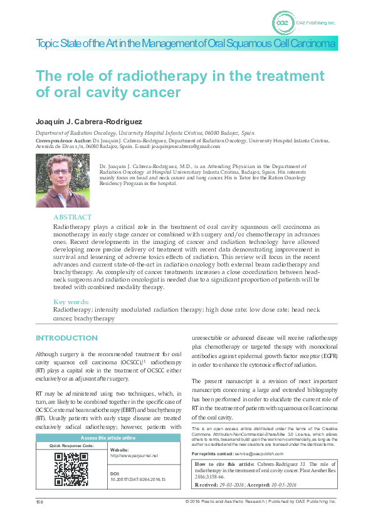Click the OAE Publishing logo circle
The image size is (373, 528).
[283, 23]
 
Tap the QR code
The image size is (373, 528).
[71, 469]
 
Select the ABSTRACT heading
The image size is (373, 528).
[72, 217]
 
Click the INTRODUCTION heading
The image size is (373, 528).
[67, 338]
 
